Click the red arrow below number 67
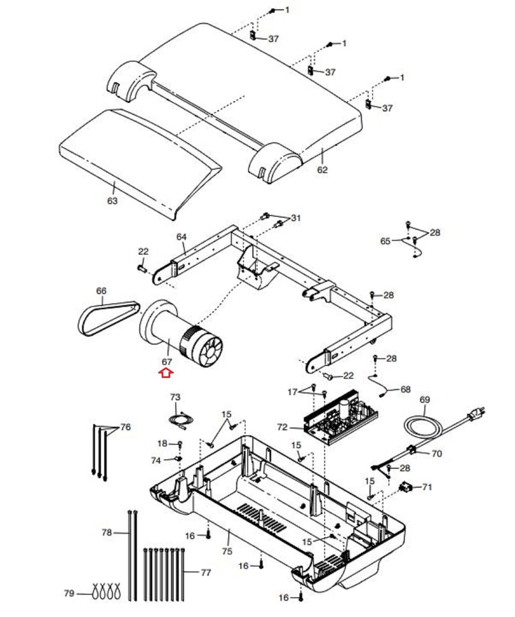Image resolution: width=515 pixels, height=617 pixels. tap(167, 373)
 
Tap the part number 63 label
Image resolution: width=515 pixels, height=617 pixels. tap(112, 201)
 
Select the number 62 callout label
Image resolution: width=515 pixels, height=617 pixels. tap(322, 170)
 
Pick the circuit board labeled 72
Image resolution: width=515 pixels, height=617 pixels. tap(340, 416)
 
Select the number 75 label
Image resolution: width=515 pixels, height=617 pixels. tap(227, 551)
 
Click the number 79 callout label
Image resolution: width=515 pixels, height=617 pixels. tap(69, 593)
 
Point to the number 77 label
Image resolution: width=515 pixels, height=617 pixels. tap(206, 573)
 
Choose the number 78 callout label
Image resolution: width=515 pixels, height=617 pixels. tap(107, 533)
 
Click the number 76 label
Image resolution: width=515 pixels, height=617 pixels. tap(126, 427)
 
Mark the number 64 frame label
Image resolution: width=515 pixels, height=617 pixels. tap(181, 236)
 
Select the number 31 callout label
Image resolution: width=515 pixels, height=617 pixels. tap(296, 218)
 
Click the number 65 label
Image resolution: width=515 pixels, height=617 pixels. tap(386, 241)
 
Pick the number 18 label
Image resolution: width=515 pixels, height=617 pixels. tap(163, 443)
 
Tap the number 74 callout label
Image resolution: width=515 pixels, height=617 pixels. tap(156, 460)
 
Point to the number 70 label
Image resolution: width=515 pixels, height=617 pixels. tap(436, 453)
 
